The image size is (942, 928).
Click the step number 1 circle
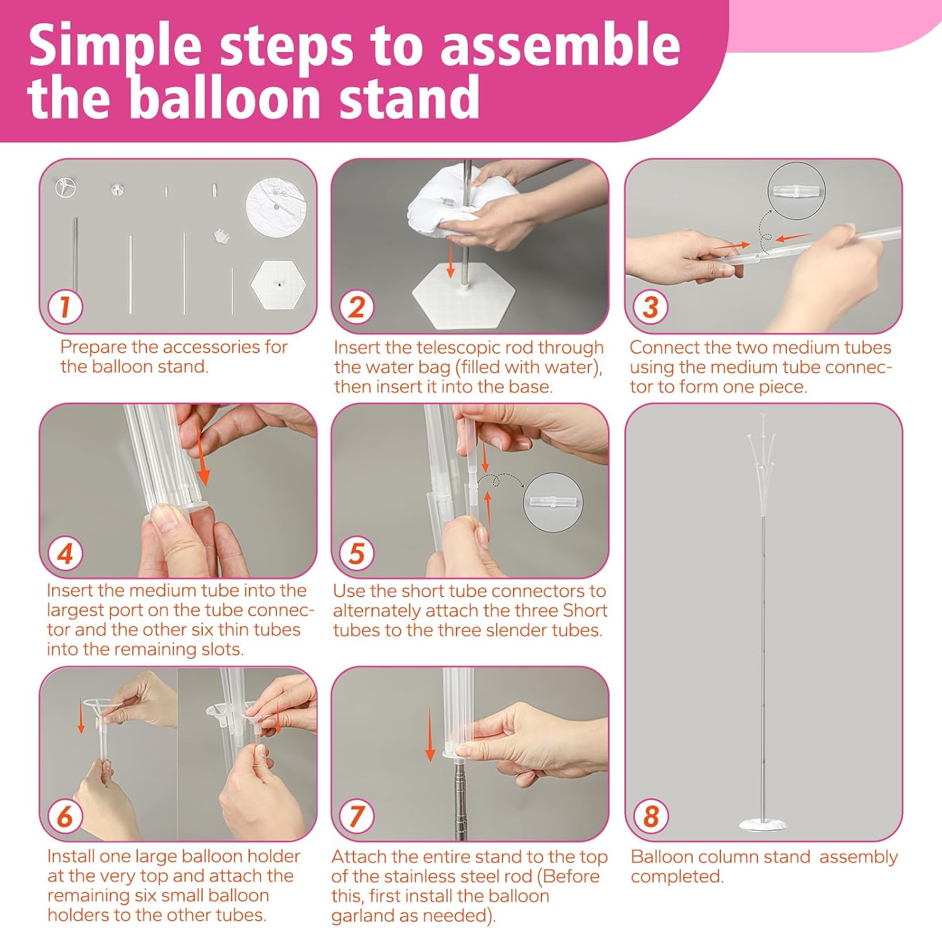(65, 307)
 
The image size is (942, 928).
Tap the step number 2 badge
(357, 307)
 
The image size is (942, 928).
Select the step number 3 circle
(651, 307)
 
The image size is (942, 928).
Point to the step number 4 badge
(65, 553)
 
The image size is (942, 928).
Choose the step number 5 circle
(357, 553)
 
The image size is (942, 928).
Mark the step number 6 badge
(65, 816)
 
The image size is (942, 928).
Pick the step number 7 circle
(357, 816)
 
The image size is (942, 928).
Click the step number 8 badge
(651, 816)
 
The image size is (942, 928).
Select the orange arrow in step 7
(430, 735)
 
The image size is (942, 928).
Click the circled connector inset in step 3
(796, 191)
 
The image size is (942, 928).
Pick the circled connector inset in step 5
(553, 503)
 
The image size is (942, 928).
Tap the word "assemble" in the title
(560, 46)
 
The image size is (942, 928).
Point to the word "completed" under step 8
(677, 877)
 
